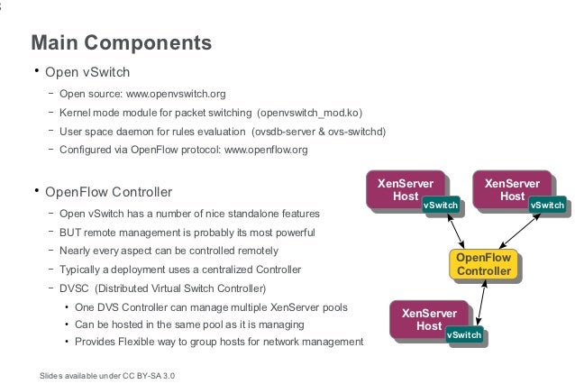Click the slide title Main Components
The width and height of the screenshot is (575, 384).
122,42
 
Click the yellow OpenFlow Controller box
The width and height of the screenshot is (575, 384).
484,265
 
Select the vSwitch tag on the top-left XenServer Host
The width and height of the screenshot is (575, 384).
441,206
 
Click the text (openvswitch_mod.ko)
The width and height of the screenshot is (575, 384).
309,112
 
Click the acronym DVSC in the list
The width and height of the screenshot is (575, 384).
76,288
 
